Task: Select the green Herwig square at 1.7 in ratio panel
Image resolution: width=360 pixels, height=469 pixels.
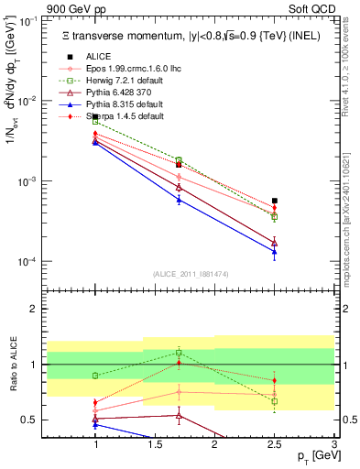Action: [x=180, y=353]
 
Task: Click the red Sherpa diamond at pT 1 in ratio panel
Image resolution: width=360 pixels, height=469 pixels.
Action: [x=95, y=402]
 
